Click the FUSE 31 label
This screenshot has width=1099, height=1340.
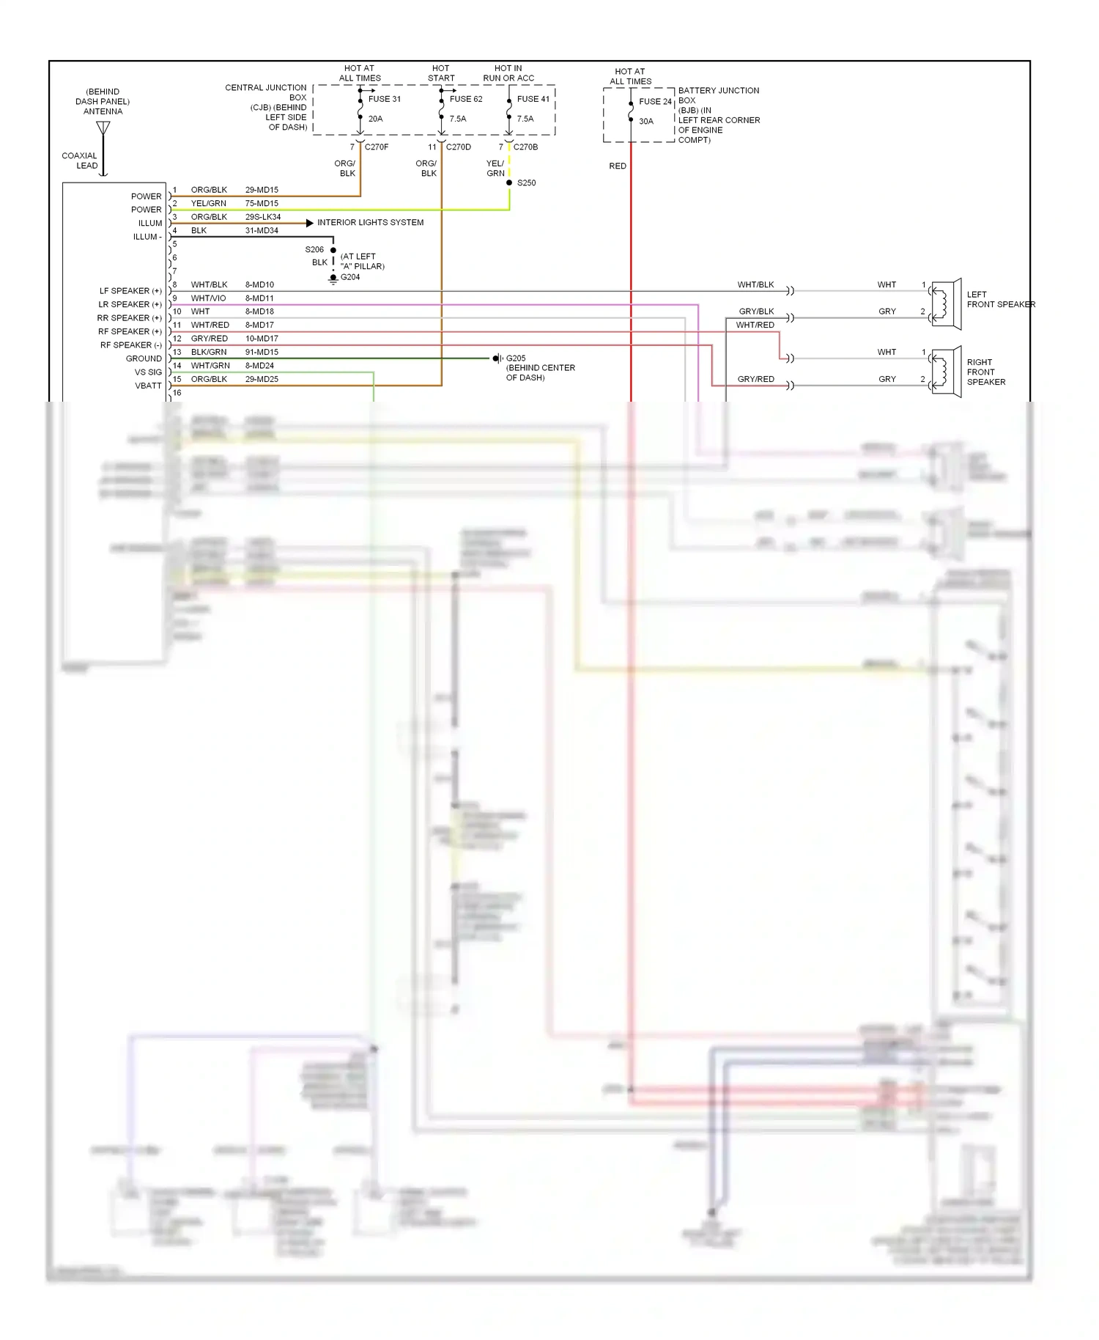pyautogui.click(x=384, y=99)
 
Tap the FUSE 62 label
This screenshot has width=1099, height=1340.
pyautogui.click(x=466, y=99)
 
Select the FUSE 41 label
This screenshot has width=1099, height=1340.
pyautogui.click(x=533, y=99)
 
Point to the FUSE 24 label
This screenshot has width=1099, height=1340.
pyautogui.click(x=655, y=102)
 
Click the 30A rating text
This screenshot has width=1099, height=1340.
pyautogui.click(x=645, y=122)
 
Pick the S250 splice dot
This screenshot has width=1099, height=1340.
pyautogui.click(x=509, y=183)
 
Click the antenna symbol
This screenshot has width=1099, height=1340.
pyautogui.click(x=103, y=129)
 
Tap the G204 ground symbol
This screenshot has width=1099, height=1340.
pyautogui.click(x=333, y=279)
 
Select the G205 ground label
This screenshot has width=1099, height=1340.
pyautogui.click(x=516, y=358)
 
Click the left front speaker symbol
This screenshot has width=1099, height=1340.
pyautogui.click(x=945, y=303)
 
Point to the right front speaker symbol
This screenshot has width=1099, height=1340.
pyautogui.click(x=945, y=372)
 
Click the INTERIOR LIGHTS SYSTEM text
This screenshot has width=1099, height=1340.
pyautogui.click(x=370, y=222)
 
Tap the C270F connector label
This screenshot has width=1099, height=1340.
pyautogui.click(x=377, y=147)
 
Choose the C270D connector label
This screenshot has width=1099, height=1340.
pyautogui.click(x=458, y=147)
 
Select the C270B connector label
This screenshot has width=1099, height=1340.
pyautogui.click(x=525, y=147)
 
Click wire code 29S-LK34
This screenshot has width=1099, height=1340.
pyautogui.click(x=262, y=217)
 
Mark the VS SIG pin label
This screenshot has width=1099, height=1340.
pyautogui.click(x=148, y=372)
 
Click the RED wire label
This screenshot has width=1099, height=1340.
pyautogui.click(x=618, y=166)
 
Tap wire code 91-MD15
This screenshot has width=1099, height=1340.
pyautogui.click(x=262, y=352)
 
